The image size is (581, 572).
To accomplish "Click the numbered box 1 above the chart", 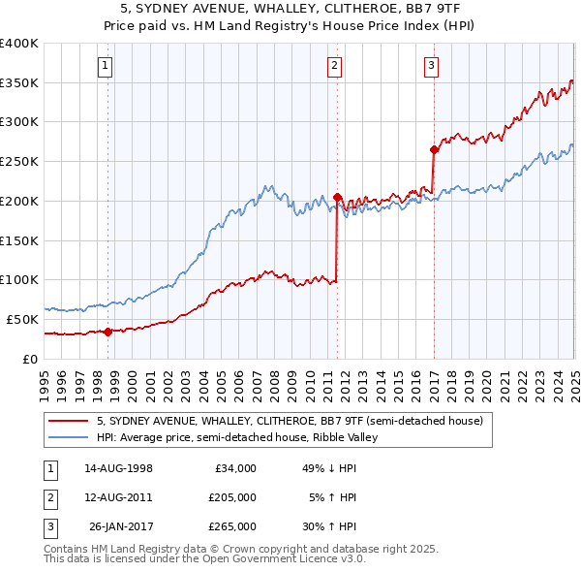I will (x=104, y=66).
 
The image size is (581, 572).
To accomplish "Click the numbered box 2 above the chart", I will (x=334, y=66).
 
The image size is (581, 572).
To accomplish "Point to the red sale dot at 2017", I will (x=435, y=149).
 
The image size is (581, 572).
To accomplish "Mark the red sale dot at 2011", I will (x=338, y=197).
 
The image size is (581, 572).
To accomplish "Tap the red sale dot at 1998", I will (x=107, y=332).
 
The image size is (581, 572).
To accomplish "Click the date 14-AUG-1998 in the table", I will (x=118, y=468).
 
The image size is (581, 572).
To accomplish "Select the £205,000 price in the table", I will (x=233, y=497).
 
